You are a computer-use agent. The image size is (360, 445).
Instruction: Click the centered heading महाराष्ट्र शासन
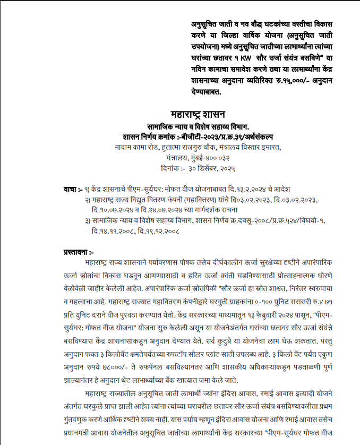[x=199, y=114]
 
